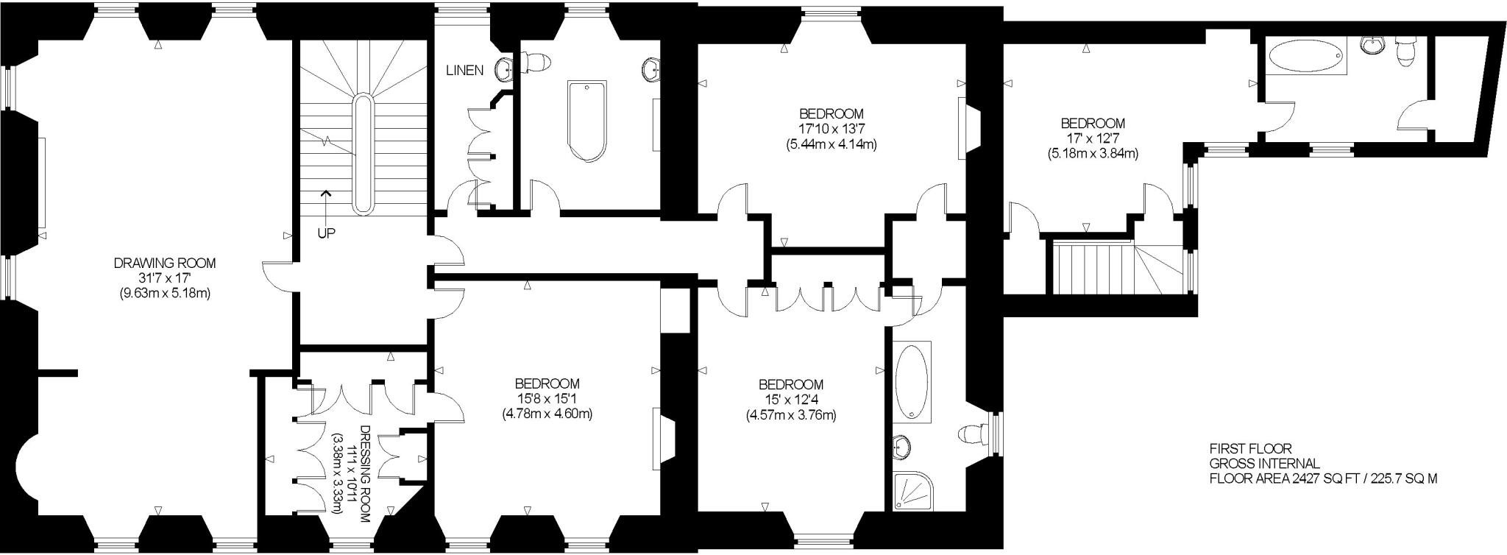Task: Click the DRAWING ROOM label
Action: (x=165, y=263)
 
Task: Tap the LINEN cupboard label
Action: (x=464, y=71)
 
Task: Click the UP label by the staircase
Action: (x=326, y=233)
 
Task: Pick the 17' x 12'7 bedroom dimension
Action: (x=1092, y=138)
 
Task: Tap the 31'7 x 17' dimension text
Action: (x=165, y=278)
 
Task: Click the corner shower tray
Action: (x=912, y=492)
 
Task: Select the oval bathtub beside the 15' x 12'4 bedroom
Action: (x=912, y=383)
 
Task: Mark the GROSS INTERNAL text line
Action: (x=1265, y=464)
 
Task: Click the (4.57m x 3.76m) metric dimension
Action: (x=791, y=415)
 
